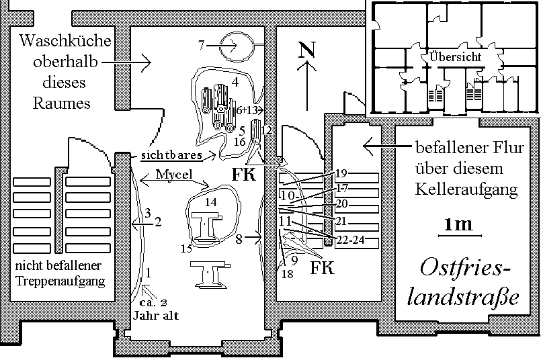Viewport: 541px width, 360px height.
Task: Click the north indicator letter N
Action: (x=306, y=49)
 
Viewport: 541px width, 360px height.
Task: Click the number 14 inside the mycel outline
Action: (x=211, y=201)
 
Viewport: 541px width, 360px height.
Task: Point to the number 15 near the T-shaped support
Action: (x=186, y=249)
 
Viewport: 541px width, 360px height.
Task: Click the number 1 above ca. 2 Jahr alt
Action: (x=149, y=273)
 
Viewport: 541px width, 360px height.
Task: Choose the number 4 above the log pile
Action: (x=235, y=82)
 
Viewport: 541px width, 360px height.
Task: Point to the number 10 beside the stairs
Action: (x=288, y=195)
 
